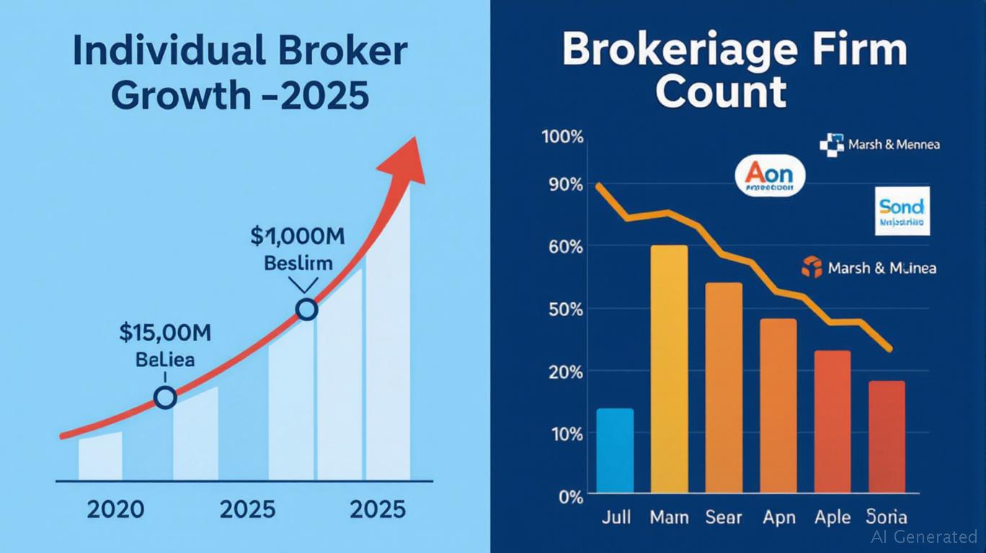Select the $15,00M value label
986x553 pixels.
[x=165, y=332]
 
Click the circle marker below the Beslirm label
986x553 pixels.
[x=307, y=310]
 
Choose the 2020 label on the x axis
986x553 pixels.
[x=115, y=510]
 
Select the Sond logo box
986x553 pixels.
[x=901, y=211]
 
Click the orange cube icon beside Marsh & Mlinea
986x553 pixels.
[x=812, y=268]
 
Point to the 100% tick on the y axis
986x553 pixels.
[x=562, y=138]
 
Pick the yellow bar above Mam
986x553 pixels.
[x=669, y=369]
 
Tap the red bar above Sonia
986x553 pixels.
[x=886, y=437]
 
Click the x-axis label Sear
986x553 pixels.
[x=724, y=518]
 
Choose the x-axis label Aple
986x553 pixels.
[x=832, y=518]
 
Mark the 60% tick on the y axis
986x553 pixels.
[x=564, y=247]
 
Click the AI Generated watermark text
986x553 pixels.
[x=924, y=536]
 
